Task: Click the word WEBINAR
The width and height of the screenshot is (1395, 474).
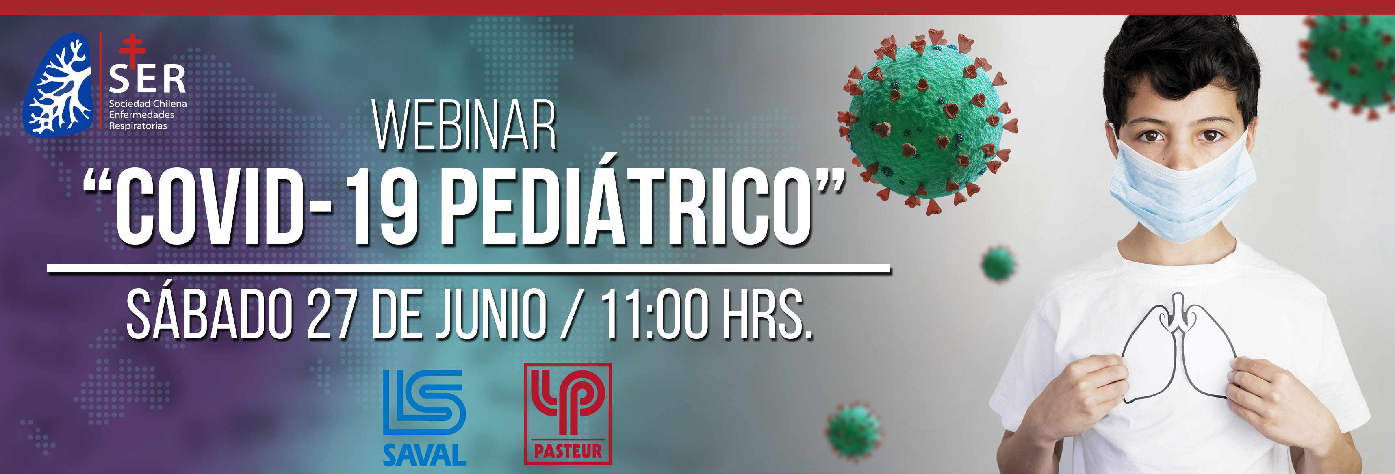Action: click(464, 126)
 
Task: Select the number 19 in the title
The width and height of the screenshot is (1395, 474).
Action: click(382, 207)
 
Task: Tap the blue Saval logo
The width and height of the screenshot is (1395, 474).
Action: click(424, 417)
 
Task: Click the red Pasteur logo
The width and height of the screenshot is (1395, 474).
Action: click(568, 414)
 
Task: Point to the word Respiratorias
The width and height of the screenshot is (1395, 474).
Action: click(138, 126)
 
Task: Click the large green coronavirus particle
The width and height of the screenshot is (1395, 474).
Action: click(928, 122)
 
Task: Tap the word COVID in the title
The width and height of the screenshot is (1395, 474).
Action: click(210, 207)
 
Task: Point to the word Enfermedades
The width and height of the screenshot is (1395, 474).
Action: click(141, 115)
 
